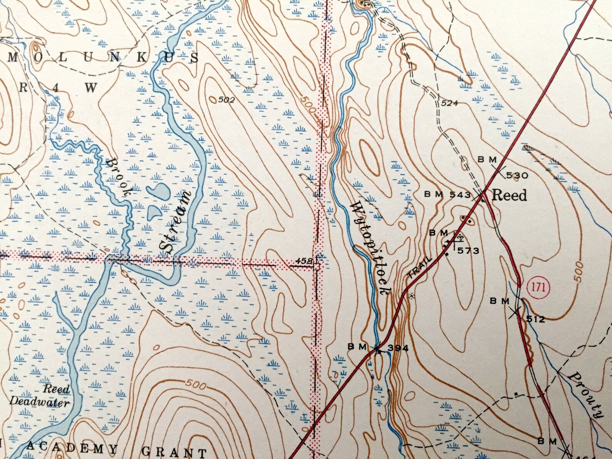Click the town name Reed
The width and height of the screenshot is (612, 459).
[509, 195]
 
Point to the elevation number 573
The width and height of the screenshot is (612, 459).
[468, 251]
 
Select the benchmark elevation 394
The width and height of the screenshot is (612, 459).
[398, 348]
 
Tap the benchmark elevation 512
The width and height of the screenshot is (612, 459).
[536, 319]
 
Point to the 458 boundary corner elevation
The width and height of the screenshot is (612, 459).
[304, 261]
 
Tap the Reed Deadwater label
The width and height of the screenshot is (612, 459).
[39, 396]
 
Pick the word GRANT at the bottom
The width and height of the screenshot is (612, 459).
[174, 452]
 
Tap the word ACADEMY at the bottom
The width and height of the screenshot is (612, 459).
[72, 449]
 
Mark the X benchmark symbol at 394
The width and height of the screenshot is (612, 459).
[376, 349]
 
